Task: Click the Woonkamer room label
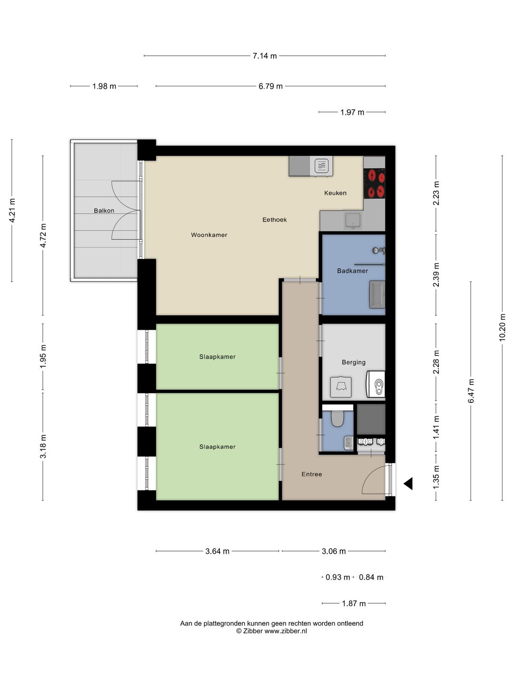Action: coord(209,235)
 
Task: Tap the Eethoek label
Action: coord(275,220)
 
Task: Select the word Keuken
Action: coord(335,193)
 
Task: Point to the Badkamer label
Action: coord(352,271)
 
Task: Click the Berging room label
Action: coord(354,362)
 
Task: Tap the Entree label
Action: coord(312,474)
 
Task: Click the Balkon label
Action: coord(104,211)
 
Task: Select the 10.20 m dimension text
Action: coord(502,327)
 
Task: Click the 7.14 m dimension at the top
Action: coord(265,56)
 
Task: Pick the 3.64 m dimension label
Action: coord(217,551)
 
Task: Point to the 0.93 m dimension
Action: coord(337,577)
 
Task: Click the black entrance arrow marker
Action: coord(408,484)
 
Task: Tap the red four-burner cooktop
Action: coord(374,183)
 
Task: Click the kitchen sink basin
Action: coord(353,221)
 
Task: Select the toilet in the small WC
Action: coord(337,419)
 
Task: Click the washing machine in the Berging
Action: coord(376,384)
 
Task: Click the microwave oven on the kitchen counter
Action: coord(322,166)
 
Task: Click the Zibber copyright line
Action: coord(271,631)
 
